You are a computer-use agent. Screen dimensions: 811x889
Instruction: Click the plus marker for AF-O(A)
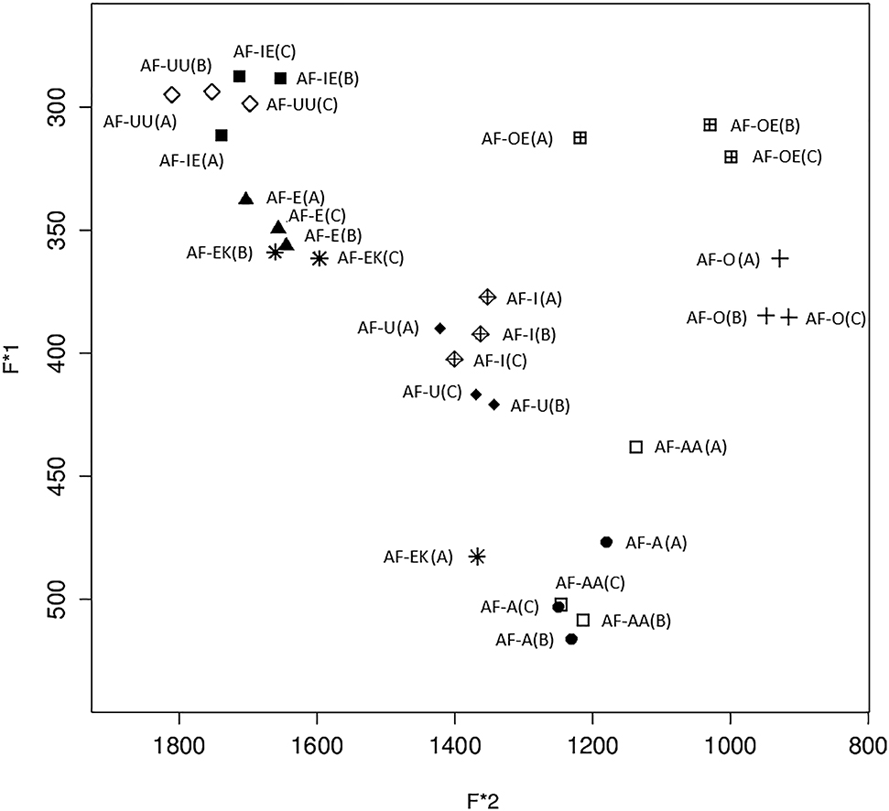click(779, 259)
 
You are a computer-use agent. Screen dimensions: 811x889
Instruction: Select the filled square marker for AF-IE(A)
click(221, 135)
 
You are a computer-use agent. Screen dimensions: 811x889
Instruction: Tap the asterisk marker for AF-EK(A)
click(476, 556)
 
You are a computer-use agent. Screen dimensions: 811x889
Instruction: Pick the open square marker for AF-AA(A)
click(636, 447)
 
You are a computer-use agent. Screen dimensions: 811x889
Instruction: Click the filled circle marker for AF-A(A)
click(606, 542)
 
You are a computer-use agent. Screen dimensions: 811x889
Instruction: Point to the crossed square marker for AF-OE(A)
click(580, 138)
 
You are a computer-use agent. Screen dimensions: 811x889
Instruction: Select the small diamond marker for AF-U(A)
click(440, 328)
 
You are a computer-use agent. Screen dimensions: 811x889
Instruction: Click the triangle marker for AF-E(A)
click(245, 199)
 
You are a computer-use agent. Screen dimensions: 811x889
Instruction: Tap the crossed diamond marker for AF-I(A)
click(487, 297)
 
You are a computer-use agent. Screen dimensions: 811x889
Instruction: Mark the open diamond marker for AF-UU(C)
click(250, 103)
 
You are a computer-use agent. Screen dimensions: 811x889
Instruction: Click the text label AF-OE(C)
click(786, 157)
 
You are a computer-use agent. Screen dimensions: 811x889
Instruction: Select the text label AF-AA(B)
click(636, 621)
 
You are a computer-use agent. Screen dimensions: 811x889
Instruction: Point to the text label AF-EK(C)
click(370, 258)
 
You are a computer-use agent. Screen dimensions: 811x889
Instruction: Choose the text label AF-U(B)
click(539, 405)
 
